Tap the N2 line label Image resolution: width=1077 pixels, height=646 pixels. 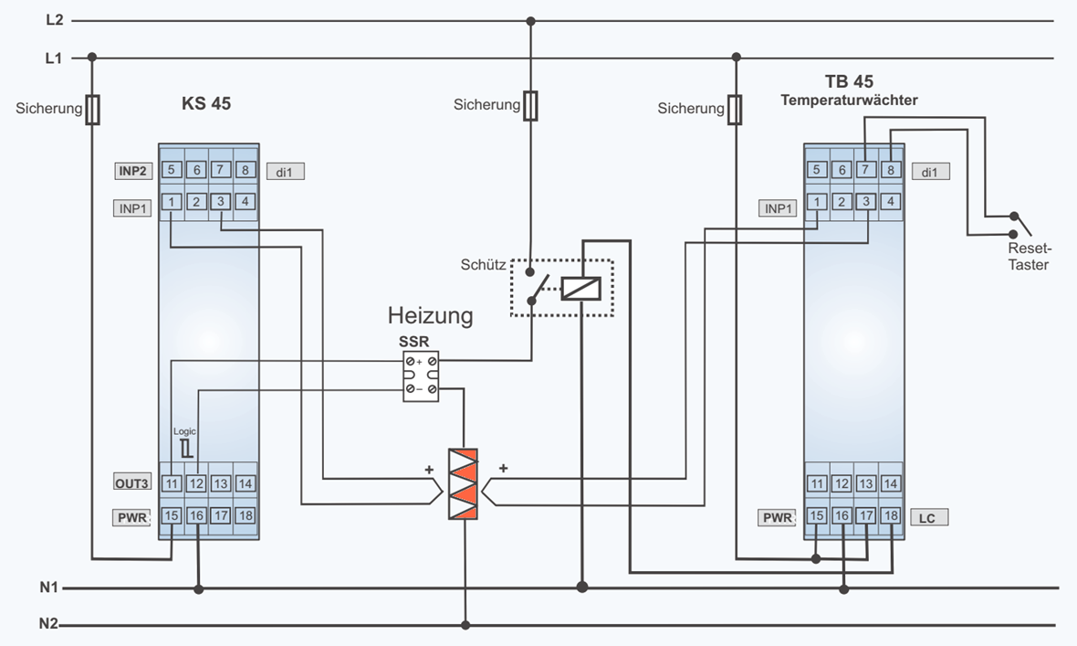(48, 625)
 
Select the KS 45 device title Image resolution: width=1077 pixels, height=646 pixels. (205, 104)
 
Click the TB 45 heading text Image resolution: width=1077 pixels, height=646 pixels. (849, 81)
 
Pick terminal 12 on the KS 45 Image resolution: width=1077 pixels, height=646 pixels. (195, 483)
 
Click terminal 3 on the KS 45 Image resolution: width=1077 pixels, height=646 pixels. (220, 201)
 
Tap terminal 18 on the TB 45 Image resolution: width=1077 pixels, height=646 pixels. (891, 516)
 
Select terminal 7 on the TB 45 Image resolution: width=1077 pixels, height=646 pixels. (866, 169)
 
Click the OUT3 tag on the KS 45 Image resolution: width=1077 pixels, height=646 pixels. (133, 483)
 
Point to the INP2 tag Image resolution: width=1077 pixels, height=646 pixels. (133, 170)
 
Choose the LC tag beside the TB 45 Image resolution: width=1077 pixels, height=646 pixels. (927, 517)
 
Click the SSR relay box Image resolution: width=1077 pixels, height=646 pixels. (421, 376)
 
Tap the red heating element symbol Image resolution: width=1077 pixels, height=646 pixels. (464, 484)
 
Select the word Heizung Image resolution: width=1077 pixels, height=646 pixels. (430, 316)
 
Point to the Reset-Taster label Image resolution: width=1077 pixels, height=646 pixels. (1029, 257)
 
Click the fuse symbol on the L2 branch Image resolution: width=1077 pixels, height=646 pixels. (530, 105)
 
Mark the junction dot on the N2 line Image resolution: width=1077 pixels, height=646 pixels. (465, 626)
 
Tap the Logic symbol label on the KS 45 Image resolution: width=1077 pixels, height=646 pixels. (184, 430)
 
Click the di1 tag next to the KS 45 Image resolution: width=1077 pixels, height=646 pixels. (285, 171)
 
